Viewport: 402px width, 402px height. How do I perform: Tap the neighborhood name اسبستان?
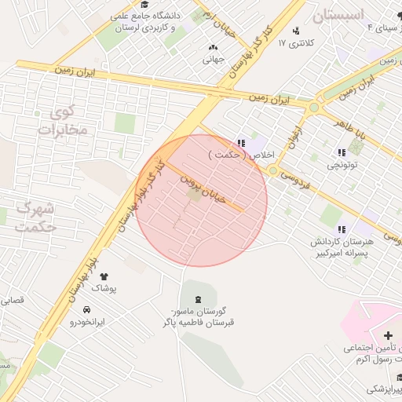click(338, 15)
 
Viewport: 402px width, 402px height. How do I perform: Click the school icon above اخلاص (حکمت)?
click(241, 143)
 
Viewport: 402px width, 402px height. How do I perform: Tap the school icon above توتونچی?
click(342, 153)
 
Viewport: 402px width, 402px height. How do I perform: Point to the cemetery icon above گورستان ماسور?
click(197, 299)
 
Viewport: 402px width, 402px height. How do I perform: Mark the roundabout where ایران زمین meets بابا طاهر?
click(314, 107)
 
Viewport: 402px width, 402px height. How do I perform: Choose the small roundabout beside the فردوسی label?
click(272, 170)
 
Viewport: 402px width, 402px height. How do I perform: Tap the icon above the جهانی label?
click(214, 46)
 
